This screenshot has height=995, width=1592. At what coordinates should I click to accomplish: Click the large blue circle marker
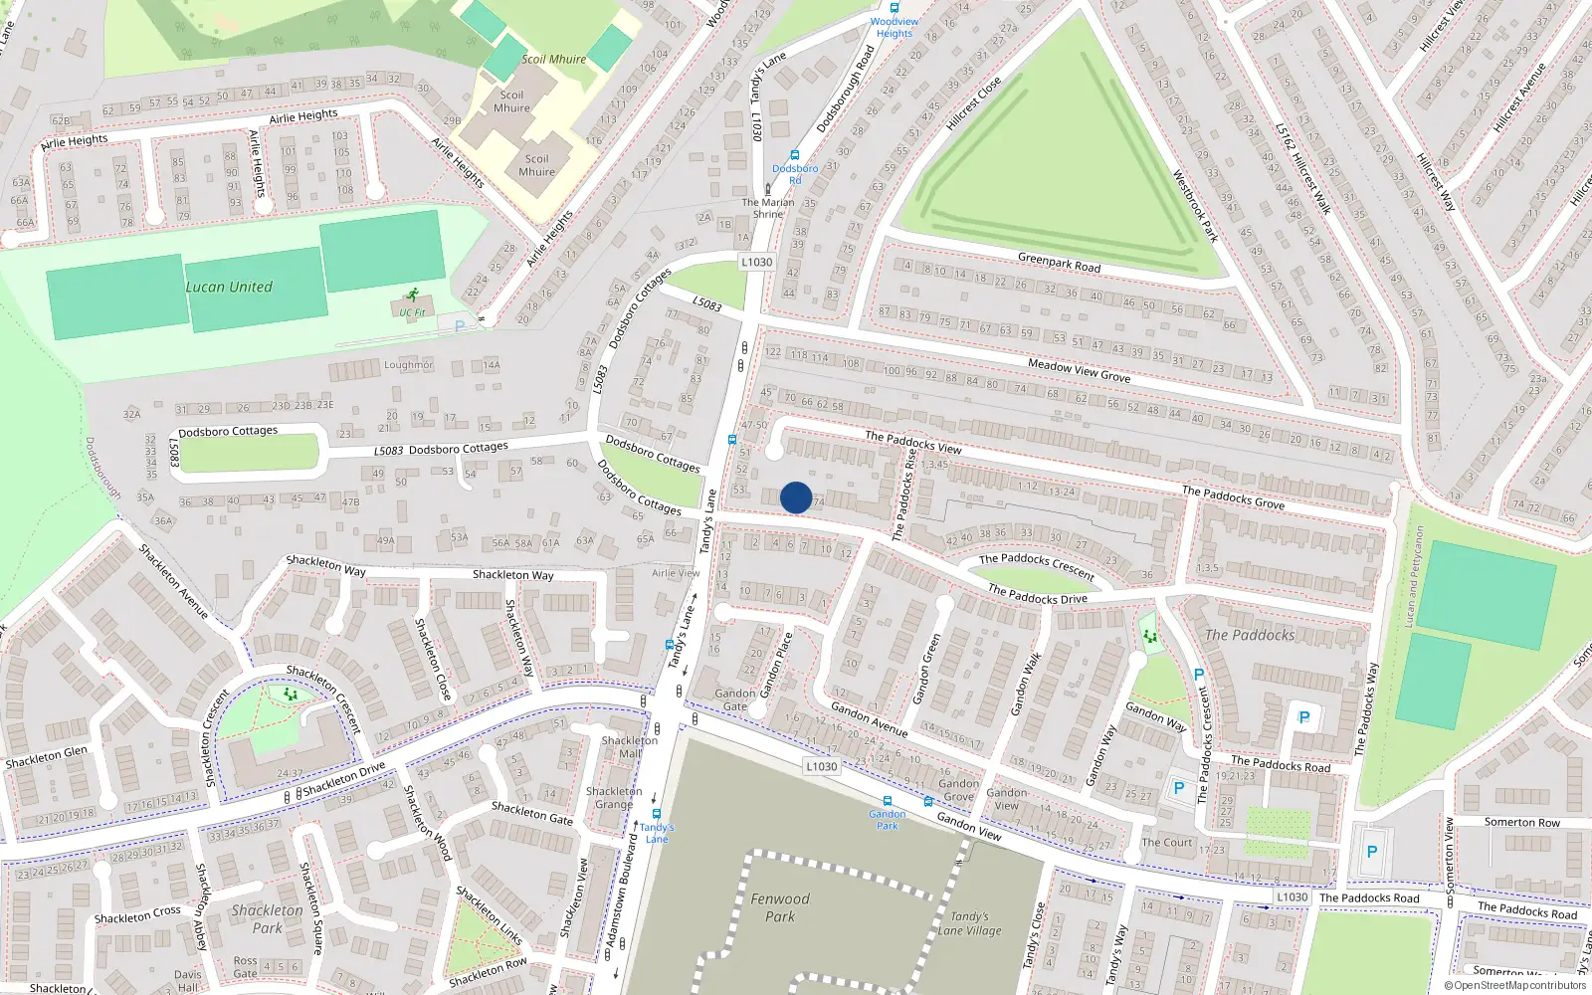pos(796,497)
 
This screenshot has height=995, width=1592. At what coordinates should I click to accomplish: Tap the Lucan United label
pos(229,287)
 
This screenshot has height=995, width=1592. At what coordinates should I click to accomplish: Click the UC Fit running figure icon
pos(412,296)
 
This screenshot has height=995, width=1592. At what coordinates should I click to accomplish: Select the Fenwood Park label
pos(780,907)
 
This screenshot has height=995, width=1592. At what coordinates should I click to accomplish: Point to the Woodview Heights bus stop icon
pos(894,8)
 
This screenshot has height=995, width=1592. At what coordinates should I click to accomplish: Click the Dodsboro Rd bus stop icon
pos(794,155)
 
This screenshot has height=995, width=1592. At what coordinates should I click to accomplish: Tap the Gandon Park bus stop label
pos(887,820)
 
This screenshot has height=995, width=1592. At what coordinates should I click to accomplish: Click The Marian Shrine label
pos(768,208)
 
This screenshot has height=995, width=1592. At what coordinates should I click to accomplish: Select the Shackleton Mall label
pos(630,747)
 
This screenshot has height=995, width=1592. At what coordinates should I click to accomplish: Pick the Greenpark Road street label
pos(1059,263)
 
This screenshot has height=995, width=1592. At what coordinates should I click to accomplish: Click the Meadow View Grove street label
pos(1079,371)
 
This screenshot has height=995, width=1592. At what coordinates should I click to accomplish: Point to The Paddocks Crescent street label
pos(1036,565)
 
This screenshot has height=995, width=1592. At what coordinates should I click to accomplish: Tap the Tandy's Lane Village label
pos(969,923)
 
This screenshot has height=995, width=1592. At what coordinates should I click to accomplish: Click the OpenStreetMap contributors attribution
pos(1514,986)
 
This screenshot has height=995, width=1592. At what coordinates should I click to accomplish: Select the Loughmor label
pos(408,365)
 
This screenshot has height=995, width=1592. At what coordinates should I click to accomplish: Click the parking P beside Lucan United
pos(460,325)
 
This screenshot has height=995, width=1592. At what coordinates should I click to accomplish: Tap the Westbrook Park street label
pos(1195,207)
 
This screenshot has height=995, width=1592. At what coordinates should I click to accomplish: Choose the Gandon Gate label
pos(734,699)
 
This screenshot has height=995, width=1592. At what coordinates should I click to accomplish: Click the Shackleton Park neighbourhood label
pos(267,918)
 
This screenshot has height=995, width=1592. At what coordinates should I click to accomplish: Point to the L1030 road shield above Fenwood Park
pos(821,766)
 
